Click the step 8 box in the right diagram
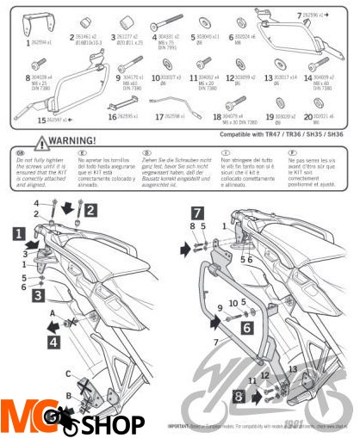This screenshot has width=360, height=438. click(237, 397)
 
